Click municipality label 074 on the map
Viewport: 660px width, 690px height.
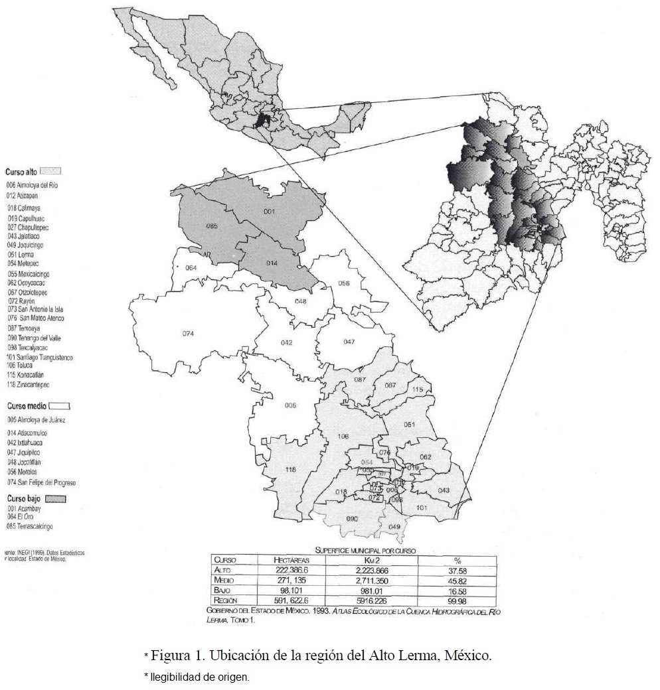(x=188, y=333)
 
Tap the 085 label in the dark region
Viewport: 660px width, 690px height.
(x=212, y=226)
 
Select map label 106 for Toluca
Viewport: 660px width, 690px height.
(x=343, y=436)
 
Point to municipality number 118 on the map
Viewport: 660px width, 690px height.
(x=290, y=470)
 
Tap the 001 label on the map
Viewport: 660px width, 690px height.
(x=270, y=212)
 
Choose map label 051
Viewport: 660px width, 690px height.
(x=410, y=425)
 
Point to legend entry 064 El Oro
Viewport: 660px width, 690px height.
(x=22, y=517)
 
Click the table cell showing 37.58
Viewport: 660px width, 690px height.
(x=457, y=569)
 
